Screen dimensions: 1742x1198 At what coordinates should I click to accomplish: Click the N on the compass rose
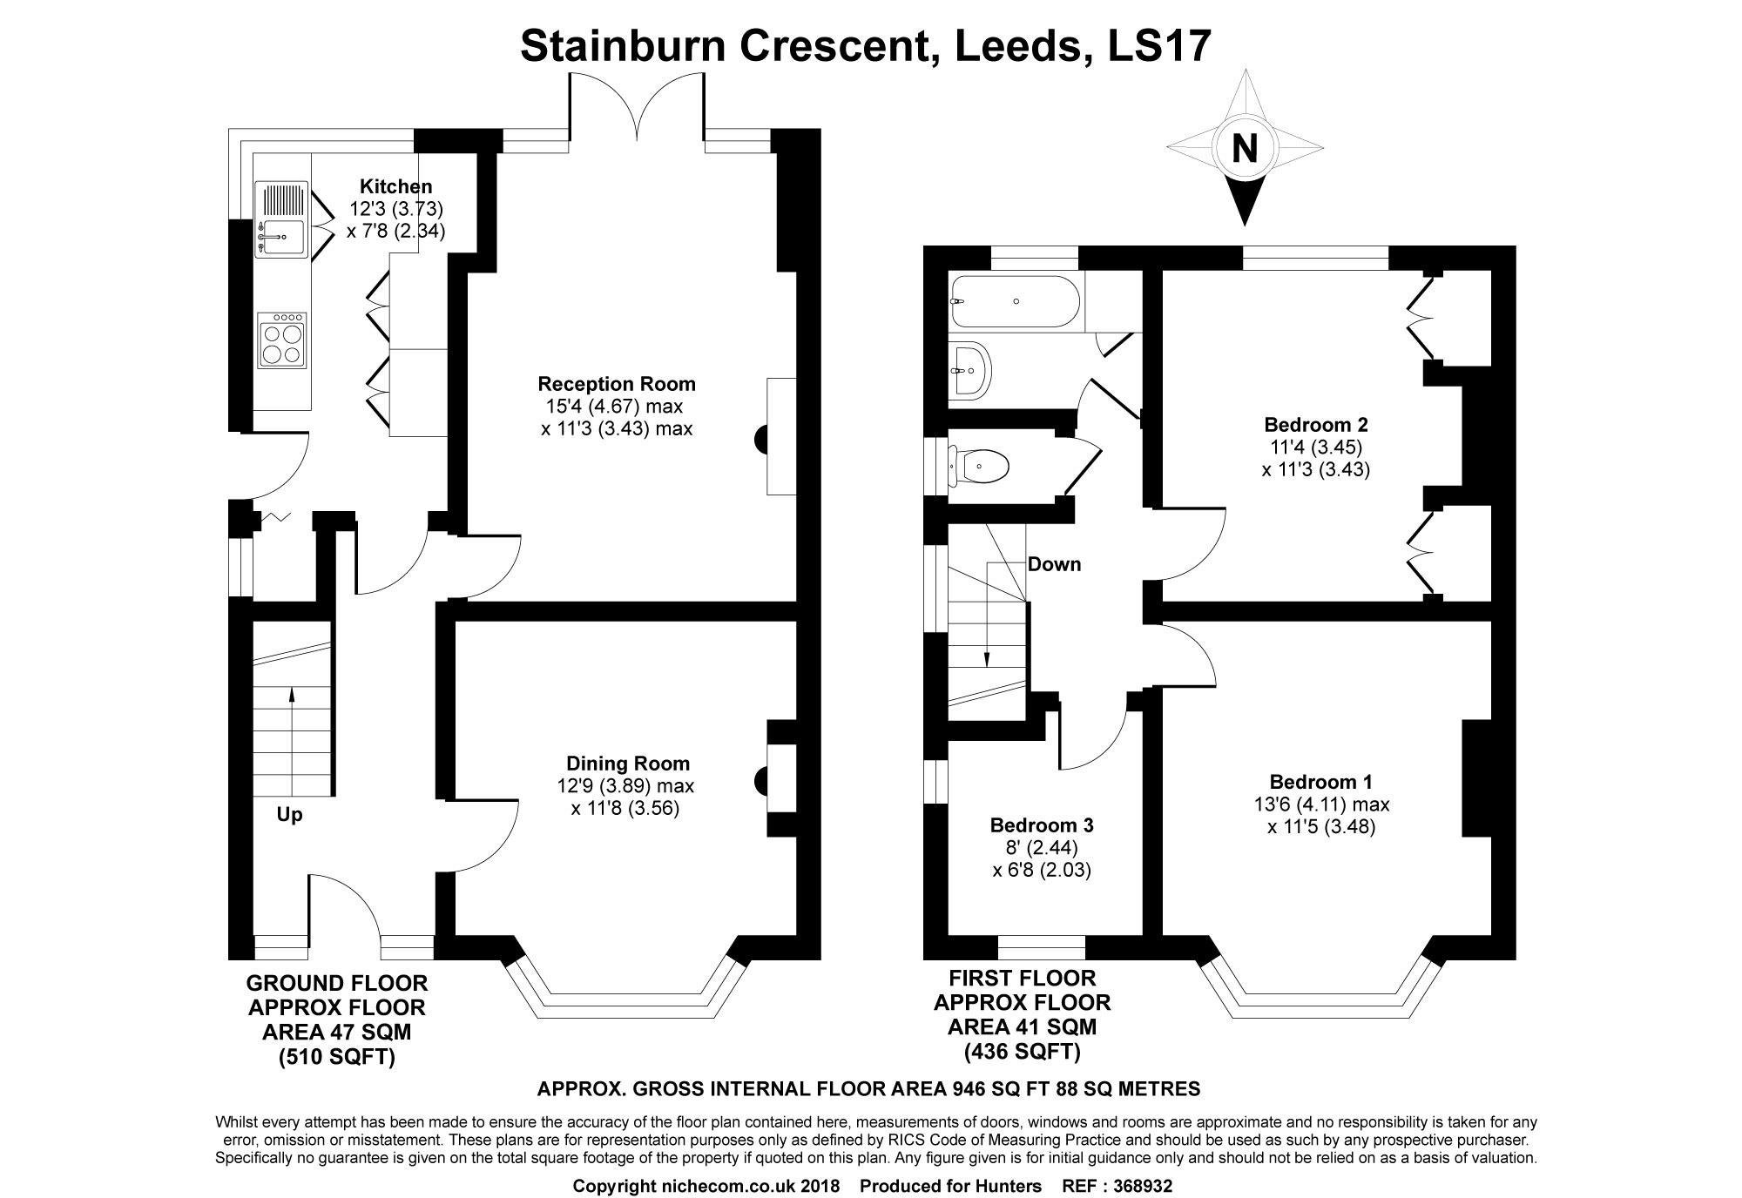click(x=1245, y=148)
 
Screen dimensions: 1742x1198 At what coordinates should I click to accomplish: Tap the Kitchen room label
click(x=396, y=186)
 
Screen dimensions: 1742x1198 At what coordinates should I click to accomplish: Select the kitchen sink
click(x=280, y=220)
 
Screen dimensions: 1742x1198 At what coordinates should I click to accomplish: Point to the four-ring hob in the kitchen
click(x=282, y=340)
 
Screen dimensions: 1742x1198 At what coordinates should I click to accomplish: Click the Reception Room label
click(x=617, y=384)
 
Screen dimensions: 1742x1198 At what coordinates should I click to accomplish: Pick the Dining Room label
click(x=627, y=764)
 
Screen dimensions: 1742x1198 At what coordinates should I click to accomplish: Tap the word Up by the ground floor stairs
click(x=289, y=816)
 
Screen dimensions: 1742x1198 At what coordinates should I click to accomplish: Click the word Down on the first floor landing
click(x=1055, y=564)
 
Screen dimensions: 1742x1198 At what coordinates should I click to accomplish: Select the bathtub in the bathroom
click(x=1015, y=301)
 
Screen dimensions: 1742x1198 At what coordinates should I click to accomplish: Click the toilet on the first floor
click(x=979, y=468)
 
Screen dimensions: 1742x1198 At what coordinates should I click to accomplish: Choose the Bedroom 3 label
click(x=1042, y=824)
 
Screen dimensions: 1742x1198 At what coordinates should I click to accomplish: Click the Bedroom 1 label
click(x=1321, y=781)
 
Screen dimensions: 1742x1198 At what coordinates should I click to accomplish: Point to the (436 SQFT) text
click(x=1022, y=1052)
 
